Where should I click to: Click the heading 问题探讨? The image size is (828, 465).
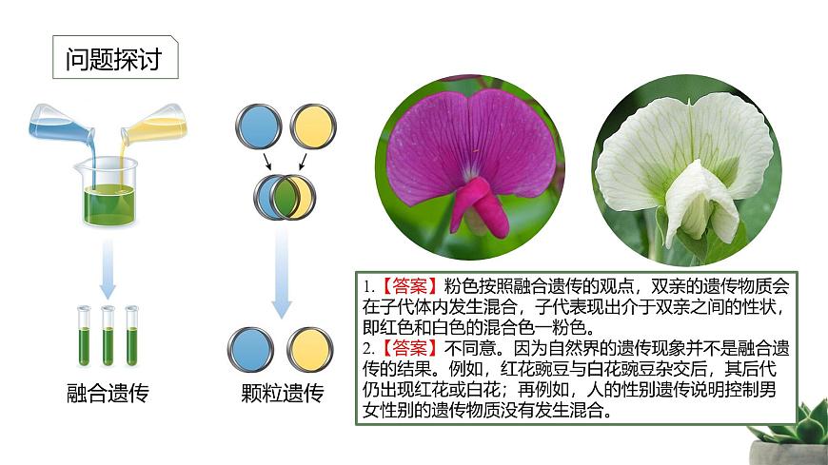114,60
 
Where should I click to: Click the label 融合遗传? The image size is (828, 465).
108,394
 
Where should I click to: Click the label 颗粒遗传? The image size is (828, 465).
283,394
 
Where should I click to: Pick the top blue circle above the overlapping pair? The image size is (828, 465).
259,126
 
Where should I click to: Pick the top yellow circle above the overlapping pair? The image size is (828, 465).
312,126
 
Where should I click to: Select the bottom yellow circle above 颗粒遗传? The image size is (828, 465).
311,349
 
